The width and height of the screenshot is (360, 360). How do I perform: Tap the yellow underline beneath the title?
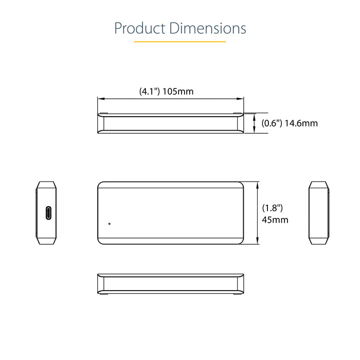pos(180,41)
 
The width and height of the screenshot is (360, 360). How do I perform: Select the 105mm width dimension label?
pos(177,92)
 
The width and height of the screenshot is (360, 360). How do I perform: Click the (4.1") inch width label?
pos(149,92)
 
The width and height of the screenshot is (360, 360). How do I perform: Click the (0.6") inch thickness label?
pos(271,123)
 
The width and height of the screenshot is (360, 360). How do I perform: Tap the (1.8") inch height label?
pos(273,208)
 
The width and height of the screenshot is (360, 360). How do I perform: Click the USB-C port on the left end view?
pos(47,212)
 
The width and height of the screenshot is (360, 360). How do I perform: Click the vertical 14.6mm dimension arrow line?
pos(255,123)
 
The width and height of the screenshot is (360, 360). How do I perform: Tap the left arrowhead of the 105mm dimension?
pos(101,99)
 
